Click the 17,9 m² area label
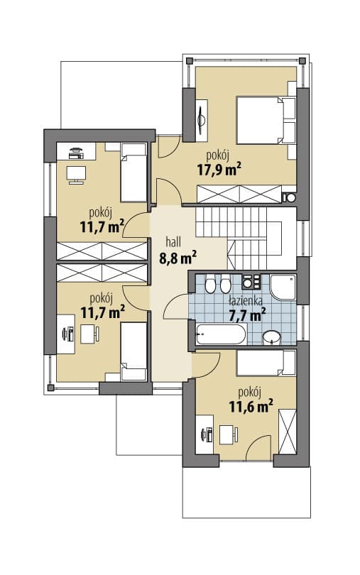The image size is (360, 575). point(219,170)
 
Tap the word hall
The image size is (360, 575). point(173,242)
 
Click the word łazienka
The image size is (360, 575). point(245,301)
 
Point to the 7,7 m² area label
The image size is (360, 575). point(247,314)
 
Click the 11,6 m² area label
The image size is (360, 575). point(251,406)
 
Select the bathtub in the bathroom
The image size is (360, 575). point(221,334)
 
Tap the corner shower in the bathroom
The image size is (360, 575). point(283,287)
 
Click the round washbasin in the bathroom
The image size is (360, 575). point(271,337)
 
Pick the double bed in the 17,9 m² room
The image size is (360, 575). point(266,120)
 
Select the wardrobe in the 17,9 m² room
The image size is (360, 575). point(239,194)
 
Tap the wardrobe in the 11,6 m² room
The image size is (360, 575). point(287,432)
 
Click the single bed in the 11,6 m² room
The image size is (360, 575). point(266,363)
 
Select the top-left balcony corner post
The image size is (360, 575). point(190,61)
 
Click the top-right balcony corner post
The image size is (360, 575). point(302,61)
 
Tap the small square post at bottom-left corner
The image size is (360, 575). point(50,388)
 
